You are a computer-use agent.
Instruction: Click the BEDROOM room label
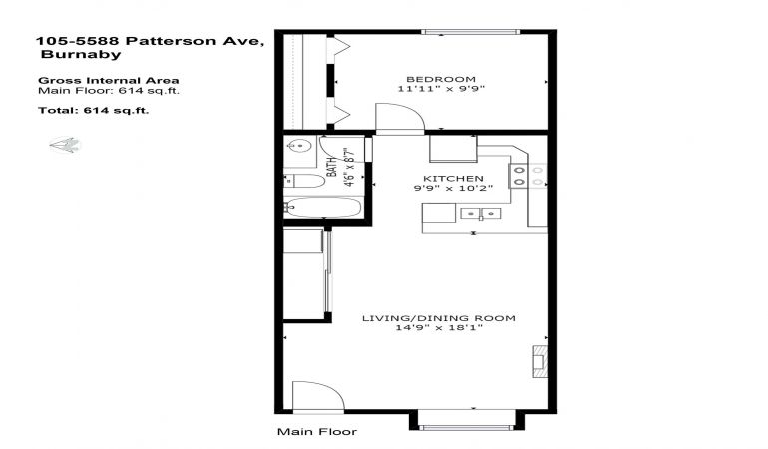[x=441, y=79]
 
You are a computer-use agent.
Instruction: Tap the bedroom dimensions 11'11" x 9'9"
[x=441, y=89]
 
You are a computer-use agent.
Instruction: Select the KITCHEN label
[x=453, y=178]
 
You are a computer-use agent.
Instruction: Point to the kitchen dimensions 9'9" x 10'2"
[x=453, y=188]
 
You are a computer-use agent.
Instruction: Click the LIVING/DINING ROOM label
[x=439, y=318]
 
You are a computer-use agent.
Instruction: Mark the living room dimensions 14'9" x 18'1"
[x=439, y=328]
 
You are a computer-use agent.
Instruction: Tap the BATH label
[x=332, y=167]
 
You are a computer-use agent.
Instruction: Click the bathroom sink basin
[x=298, y=146]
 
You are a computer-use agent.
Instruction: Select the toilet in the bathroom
[x=304, y=181]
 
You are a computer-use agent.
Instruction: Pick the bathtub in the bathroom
[x=323, y=207]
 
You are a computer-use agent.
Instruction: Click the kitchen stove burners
[x=528, y=176]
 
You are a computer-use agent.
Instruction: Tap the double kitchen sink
[x=481, y=214]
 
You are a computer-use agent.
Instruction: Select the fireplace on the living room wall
[x=540, y=362]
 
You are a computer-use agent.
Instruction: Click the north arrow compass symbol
[x=65, y=145]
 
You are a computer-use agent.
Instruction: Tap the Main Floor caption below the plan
[x=317, y=432]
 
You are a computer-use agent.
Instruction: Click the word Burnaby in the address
[x=81, y=54]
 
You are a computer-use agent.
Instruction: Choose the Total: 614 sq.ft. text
[x=93, y=111]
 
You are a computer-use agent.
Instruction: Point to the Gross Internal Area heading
[x=109, y=81]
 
